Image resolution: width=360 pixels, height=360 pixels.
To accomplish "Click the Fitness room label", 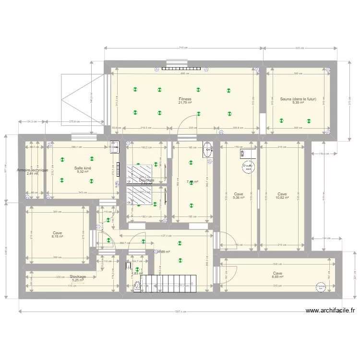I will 185,99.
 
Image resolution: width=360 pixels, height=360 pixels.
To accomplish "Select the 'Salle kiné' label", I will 83,168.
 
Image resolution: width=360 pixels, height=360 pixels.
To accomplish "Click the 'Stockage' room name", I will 78,276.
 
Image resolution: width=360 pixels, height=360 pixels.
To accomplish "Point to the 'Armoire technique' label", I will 32,170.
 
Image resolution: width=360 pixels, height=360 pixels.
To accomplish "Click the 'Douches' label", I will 146,180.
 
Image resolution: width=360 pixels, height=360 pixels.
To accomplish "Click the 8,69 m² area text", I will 278,276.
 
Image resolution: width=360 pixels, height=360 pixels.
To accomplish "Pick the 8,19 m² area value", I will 58,237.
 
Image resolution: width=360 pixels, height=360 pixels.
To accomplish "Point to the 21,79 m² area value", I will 185,103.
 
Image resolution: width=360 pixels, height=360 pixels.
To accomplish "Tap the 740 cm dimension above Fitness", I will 183,48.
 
